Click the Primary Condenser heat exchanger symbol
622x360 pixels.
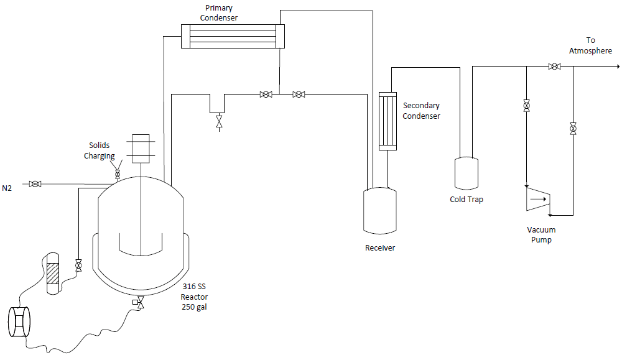pyautogui.click(x=233, y=37)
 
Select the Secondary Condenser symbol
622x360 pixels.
pyautogui.click(x=388, y=121)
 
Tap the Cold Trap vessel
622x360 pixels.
pyautogui.click(x=466, y=173)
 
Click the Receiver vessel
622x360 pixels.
pyautogui.click(x=379, y=211)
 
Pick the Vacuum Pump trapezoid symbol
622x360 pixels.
pyautogui.click(x=537, y=198)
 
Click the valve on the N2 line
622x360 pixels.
pyautogui.click(x=35, y=184)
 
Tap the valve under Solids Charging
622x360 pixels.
pyautogui.click(x=118, y=174)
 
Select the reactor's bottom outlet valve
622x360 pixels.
pyautogui.click(x=139, y=303)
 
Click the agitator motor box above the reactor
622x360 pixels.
pyautogui.click(x=141, y=149)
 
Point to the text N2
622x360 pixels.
pyautogui.click(x=7, y=188)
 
